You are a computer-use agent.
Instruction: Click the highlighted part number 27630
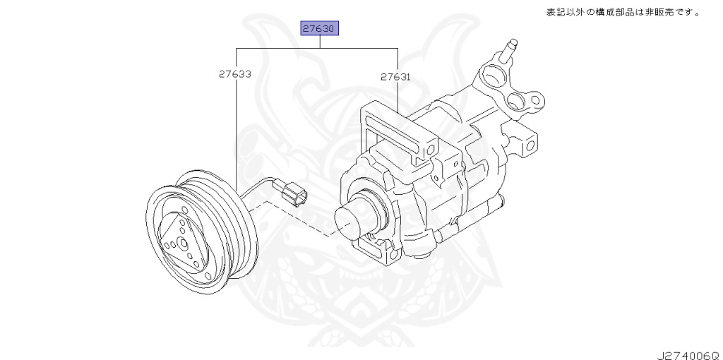pos(321,29)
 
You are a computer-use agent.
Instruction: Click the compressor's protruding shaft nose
pos(352,219)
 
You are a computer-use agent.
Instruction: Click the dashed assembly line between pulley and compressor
pos(297,219)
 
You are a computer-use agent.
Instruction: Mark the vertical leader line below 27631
pos(398,95)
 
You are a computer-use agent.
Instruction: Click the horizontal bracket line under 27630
pos(318,48)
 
